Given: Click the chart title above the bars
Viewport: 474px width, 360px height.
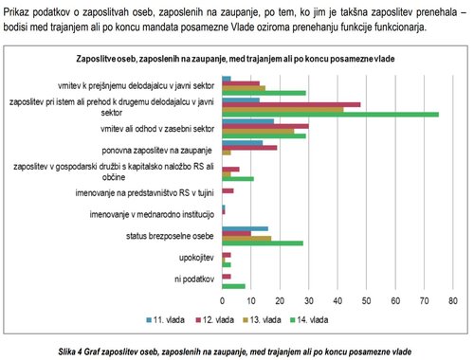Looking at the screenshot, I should point(236,59).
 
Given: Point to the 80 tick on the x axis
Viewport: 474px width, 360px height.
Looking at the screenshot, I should point(454,302).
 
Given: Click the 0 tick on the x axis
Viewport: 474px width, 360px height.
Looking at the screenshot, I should point(221,302).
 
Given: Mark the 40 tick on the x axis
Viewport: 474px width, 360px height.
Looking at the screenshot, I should point(337,302).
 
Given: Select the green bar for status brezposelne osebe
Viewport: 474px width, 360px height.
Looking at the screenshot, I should point(262,243).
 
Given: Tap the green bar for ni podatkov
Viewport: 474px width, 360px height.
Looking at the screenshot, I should point(233,285).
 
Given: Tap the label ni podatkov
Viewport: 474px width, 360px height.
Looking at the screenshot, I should point(194,278).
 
